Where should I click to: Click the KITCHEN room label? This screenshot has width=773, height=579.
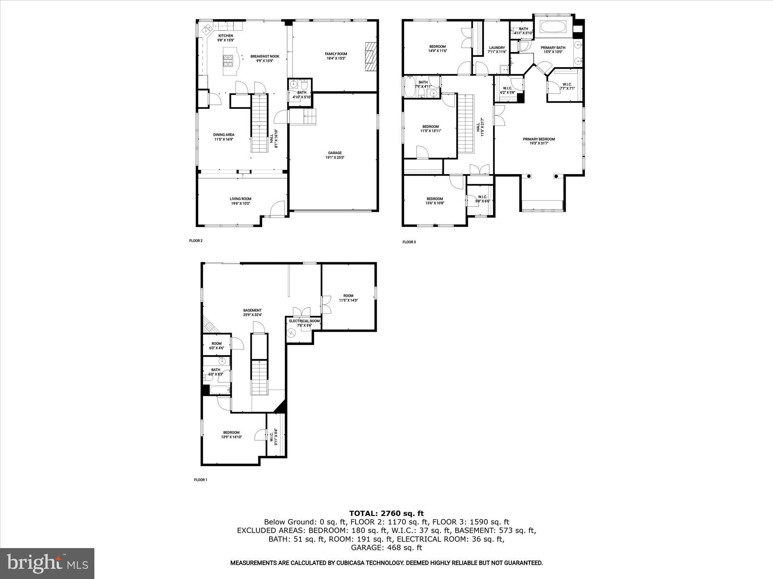coord(225,36)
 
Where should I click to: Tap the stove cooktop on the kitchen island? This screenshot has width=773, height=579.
coord(228,60)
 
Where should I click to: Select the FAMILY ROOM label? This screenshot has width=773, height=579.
coord(336,54)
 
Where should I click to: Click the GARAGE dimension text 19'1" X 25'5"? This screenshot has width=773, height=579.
coord(335,158)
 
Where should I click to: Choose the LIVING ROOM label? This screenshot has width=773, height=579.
coord(240,199)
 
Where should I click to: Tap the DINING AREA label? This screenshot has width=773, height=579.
coord(224,135)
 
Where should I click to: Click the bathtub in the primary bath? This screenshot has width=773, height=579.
coord(553,27)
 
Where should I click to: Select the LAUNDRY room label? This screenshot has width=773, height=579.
coord(497,48)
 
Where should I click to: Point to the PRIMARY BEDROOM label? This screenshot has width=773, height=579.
coord(539,139)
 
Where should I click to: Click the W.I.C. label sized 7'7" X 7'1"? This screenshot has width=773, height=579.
coord(567,84)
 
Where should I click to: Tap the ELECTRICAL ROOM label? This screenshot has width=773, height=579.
coord(304,321)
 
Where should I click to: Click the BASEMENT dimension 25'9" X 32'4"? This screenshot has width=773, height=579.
coord(253,314)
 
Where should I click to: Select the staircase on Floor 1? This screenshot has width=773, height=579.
coord(260,377)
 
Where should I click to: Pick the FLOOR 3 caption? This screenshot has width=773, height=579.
coord(409,242)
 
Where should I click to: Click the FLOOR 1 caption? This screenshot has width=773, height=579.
coord(200,480)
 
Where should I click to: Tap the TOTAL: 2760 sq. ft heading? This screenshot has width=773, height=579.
coord(386,513)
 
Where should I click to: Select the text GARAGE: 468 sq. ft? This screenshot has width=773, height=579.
coord(386,548)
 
